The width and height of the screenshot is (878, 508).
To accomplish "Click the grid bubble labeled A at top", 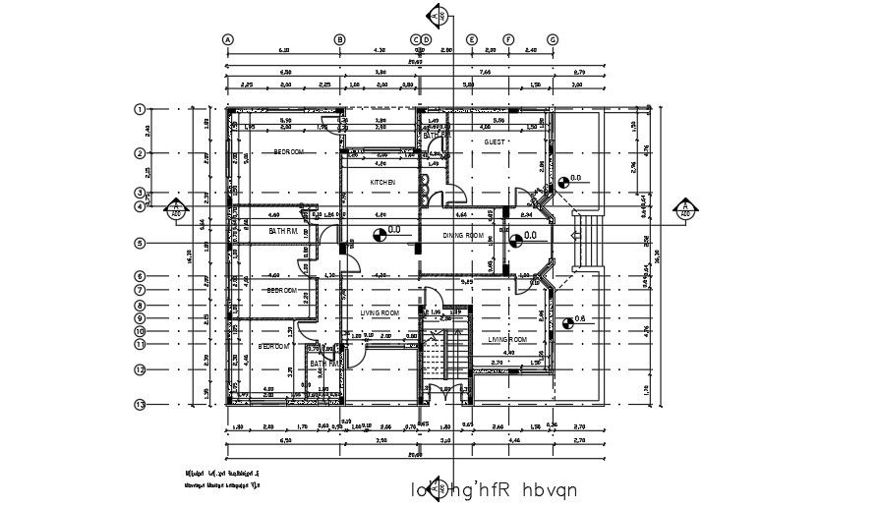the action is (228, 39).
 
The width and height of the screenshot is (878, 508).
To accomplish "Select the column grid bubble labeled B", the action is (340, 39).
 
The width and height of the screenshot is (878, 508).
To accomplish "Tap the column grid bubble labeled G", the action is (553, 39).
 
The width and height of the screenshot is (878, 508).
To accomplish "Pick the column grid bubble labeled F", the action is (509, 39).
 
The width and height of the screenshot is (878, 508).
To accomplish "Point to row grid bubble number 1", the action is (141, 109).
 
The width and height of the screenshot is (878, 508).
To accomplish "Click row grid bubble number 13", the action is (141, 404).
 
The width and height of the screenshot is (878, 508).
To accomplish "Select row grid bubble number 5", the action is (141, 243).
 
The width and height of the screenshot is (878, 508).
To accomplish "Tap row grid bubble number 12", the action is (141, 369).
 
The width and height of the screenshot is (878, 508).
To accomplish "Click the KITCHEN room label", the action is (382, 183).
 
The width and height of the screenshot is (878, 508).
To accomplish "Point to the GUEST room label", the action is (494, 142).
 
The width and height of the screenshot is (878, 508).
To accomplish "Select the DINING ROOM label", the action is (463, 236).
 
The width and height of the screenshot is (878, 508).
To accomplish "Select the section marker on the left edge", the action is (175, 208).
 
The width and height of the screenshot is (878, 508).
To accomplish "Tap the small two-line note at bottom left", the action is (222, 479).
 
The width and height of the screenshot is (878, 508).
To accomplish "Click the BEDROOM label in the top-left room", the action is (288, 152).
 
